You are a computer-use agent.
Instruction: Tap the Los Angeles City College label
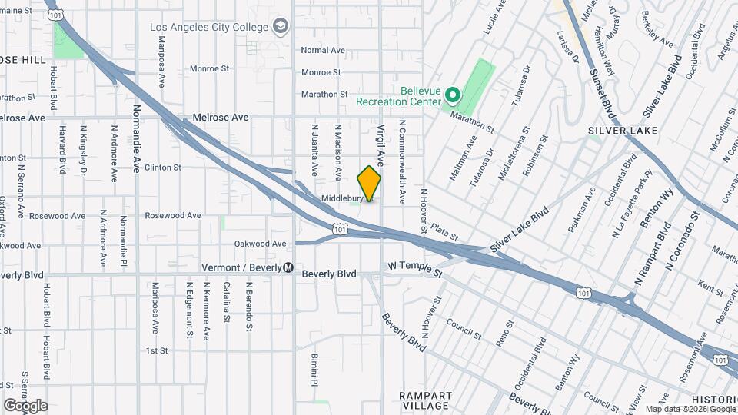209,27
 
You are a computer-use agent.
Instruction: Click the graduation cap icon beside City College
281,28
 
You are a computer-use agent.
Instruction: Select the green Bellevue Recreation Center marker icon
453,96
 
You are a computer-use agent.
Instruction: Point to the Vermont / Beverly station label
240,267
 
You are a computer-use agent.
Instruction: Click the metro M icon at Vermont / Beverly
288,267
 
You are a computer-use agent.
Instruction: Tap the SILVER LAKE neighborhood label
623,131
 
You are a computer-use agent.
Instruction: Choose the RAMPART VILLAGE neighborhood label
426,400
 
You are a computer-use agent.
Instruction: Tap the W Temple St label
415,269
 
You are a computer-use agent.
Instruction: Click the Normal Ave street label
323,50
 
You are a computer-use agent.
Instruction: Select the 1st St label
157,350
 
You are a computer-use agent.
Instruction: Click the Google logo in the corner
25,405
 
